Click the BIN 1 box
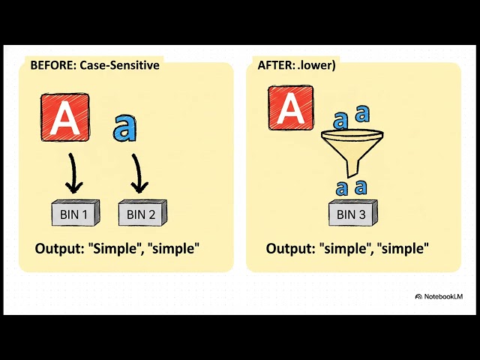pos(76,214)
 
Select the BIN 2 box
pos(142,214)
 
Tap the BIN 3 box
pos(352,214)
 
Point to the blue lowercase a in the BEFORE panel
pos(124,128)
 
